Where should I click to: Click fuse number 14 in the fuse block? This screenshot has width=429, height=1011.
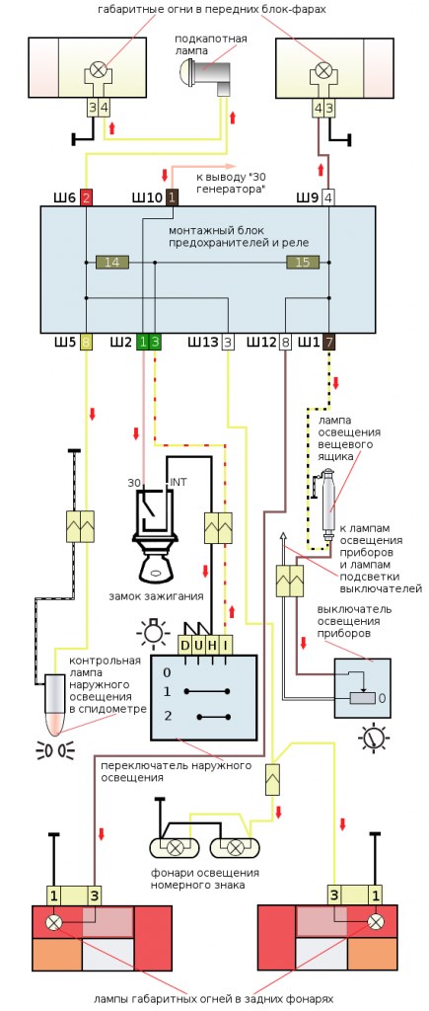(112, 262)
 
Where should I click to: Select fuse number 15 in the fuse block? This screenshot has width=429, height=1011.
(303, 262)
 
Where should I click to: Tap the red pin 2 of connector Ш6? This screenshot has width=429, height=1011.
(87, 197)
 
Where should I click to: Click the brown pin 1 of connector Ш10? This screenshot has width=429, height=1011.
(172, 197)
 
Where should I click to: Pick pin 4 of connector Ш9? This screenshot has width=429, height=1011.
(328, 197)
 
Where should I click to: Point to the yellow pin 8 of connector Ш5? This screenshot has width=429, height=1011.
(86, 342)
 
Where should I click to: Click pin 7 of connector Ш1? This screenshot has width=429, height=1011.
(328, 342)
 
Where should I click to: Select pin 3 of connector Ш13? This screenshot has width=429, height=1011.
(228, 342)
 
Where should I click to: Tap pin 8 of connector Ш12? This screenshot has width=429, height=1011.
(285, 342)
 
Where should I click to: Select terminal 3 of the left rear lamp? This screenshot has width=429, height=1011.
(95, 895)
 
